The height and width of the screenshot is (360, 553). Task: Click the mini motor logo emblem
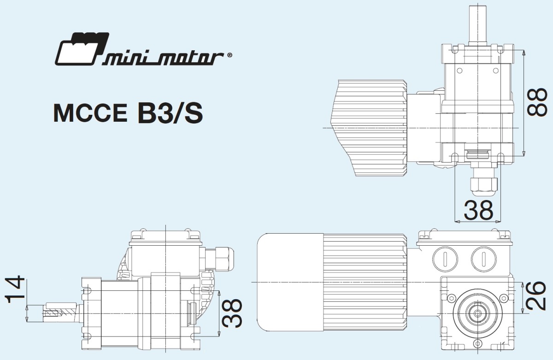[x=82, y=49]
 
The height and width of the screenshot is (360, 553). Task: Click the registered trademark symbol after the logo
[x=229, y=55]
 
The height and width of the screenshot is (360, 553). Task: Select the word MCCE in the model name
[x=90, y=113]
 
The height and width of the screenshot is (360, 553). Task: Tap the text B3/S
[x=170, y=113]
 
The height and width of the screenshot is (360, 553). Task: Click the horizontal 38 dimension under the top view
[x=478, y=210]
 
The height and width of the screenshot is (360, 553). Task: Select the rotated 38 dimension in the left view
[x=231, y=313]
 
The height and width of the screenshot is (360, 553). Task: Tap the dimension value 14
[x=14, y=289]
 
